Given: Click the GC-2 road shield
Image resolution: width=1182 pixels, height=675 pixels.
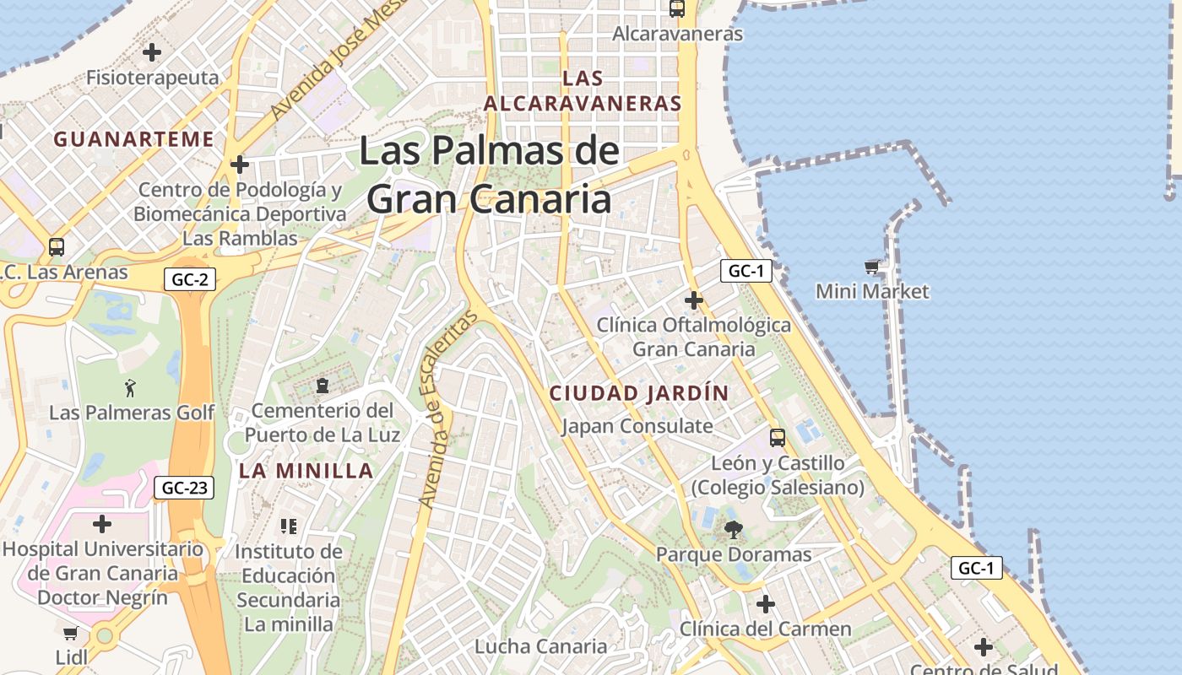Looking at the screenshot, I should coord(190,279).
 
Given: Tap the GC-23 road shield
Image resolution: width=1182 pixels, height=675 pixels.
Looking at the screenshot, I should coord(184,487).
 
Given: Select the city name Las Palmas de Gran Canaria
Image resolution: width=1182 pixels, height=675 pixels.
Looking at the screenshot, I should coord(490,175).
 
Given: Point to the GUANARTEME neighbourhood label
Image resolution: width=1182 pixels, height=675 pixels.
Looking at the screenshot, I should coord(134,139).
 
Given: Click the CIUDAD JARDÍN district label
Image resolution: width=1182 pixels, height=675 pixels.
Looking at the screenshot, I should coord(638,393).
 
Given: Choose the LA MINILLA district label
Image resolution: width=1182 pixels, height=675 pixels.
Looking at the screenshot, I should coord(306,471).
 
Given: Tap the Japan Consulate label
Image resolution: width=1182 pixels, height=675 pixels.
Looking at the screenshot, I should coord(637,426).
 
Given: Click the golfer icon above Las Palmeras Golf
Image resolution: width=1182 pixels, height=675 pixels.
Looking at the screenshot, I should coord(130,388).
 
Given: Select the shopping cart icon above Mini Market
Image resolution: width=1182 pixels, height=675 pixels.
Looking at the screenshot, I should coord(871,267).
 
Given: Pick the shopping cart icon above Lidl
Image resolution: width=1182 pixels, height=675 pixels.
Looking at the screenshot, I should coord(71,633).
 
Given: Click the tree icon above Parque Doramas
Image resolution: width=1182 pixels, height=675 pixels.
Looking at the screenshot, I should coord(733,530).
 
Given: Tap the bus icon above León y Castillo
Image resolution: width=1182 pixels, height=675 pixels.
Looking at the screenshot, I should coord(778,438).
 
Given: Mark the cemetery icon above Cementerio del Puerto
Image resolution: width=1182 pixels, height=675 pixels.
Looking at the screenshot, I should coord(322,386).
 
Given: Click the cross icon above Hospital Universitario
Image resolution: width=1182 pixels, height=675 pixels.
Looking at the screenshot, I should coord(102,524).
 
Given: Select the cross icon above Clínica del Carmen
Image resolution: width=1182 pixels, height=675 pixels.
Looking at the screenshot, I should coord(766,604).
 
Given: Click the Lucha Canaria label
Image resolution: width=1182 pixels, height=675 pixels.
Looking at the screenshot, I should coord(540,646).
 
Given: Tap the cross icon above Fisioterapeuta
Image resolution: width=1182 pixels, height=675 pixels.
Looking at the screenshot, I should coord(152,52).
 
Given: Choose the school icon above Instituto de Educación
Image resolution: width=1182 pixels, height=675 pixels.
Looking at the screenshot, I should coord(289,526).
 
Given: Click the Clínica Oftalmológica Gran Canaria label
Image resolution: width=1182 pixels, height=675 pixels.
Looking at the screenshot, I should coord(694,337).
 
